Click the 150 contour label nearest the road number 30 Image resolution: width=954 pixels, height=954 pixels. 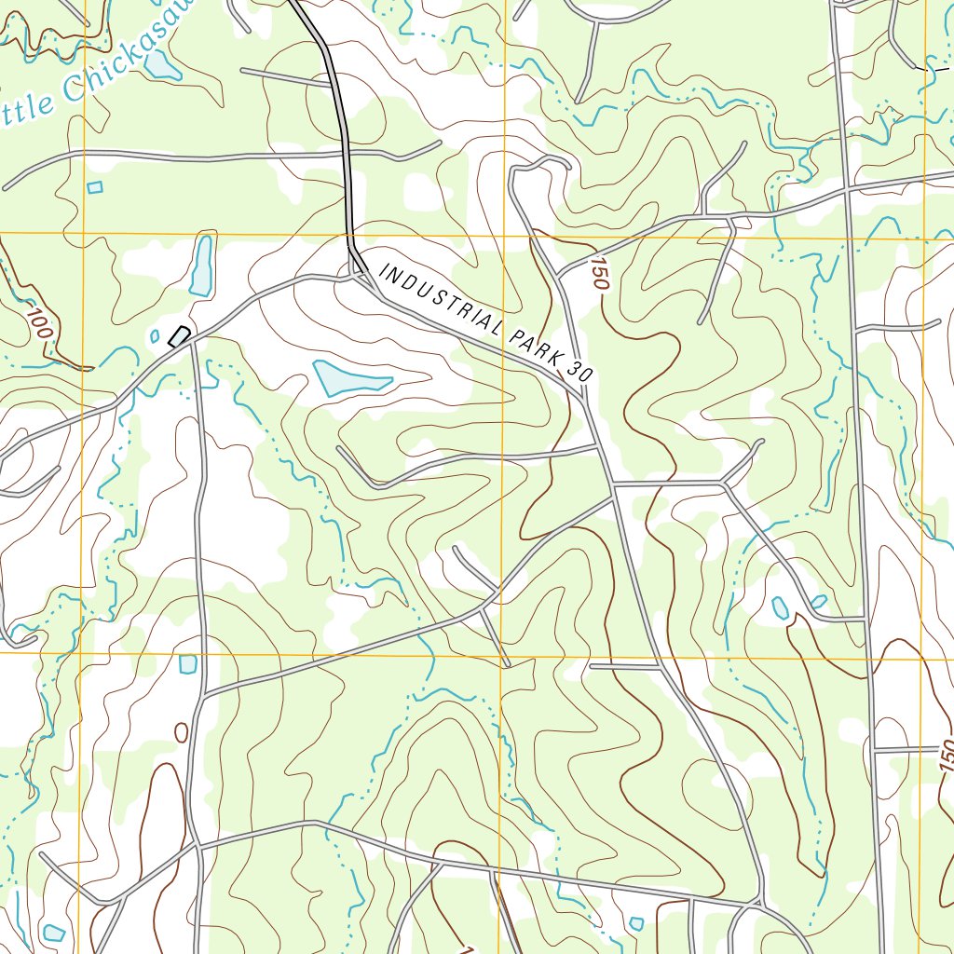click(597, 277)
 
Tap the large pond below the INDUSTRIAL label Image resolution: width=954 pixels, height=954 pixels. click(349, 378)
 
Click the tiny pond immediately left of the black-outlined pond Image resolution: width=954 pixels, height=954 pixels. click(155, 335)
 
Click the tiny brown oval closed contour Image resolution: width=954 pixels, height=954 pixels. click(181, 732)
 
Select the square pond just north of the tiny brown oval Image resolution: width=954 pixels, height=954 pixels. click(188, 663)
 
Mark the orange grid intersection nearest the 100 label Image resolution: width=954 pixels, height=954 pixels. click(83, 234)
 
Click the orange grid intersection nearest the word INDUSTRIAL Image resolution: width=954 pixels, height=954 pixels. click(504, 234)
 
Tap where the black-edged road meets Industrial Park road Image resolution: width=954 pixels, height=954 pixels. click(359, 270)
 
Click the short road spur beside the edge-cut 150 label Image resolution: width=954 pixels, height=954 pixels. click(908, 750)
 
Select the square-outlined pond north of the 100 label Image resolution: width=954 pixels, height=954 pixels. click(94, 187)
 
